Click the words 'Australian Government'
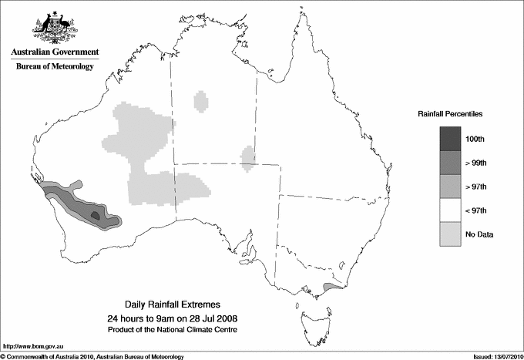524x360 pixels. pyautogui.click(x=54, y=52)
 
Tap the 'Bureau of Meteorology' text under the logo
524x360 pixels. pyautogui.click(x=54, y=66)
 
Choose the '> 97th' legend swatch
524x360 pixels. pyautogui.click(x=450, y=186)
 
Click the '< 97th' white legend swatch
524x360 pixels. pyautogui.click(x=450, y=210)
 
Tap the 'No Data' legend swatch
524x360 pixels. pyautogui.click(x=450, y=234)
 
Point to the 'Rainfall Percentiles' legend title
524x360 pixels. pyautogui.click(x=450, y=113)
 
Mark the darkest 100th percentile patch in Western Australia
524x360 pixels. pyautogui.click(x=95, y=216)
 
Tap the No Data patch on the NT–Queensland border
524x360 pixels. pyautogui.click(x=247, y=157)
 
